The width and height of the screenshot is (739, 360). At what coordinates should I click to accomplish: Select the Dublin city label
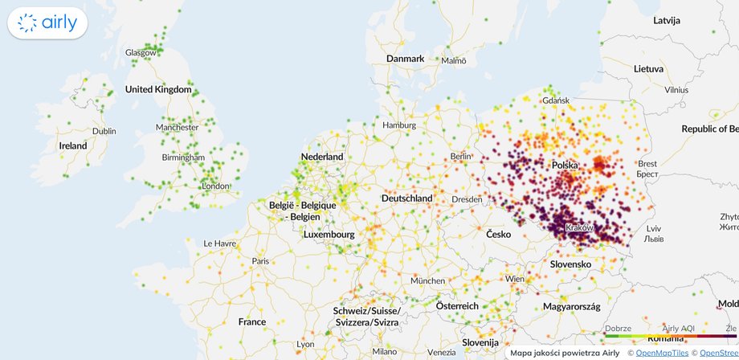click(x=104, y=131)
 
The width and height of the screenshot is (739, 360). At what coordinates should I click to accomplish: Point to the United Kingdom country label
click(x=159, y=90)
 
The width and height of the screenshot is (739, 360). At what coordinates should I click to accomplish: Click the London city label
click(x=215, y=186)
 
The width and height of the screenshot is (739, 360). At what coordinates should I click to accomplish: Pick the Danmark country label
click(x=405, y=59)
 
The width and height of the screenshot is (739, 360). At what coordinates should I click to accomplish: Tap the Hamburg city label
click(x=398, y=125)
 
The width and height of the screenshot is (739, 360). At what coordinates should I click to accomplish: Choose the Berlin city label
click(x=460, y=156)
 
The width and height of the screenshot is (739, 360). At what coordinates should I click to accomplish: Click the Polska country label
click(x=565, y=165)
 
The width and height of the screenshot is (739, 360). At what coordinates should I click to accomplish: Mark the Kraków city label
click(x=580, y=229)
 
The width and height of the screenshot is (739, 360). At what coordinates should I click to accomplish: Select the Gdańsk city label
click(x=556, y=100)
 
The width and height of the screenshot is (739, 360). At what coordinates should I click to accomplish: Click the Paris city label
click(x=260, y=261)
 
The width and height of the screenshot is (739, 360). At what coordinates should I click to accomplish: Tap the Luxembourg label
click(x=329, y=235)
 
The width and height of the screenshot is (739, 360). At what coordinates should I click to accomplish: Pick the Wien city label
click(x=515, y=278)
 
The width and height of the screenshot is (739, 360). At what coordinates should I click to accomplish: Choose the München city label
click(x=427, y=280)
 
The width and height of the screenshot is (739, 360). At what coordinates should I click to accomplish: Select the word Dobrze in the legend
click(x=619, y=329)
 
